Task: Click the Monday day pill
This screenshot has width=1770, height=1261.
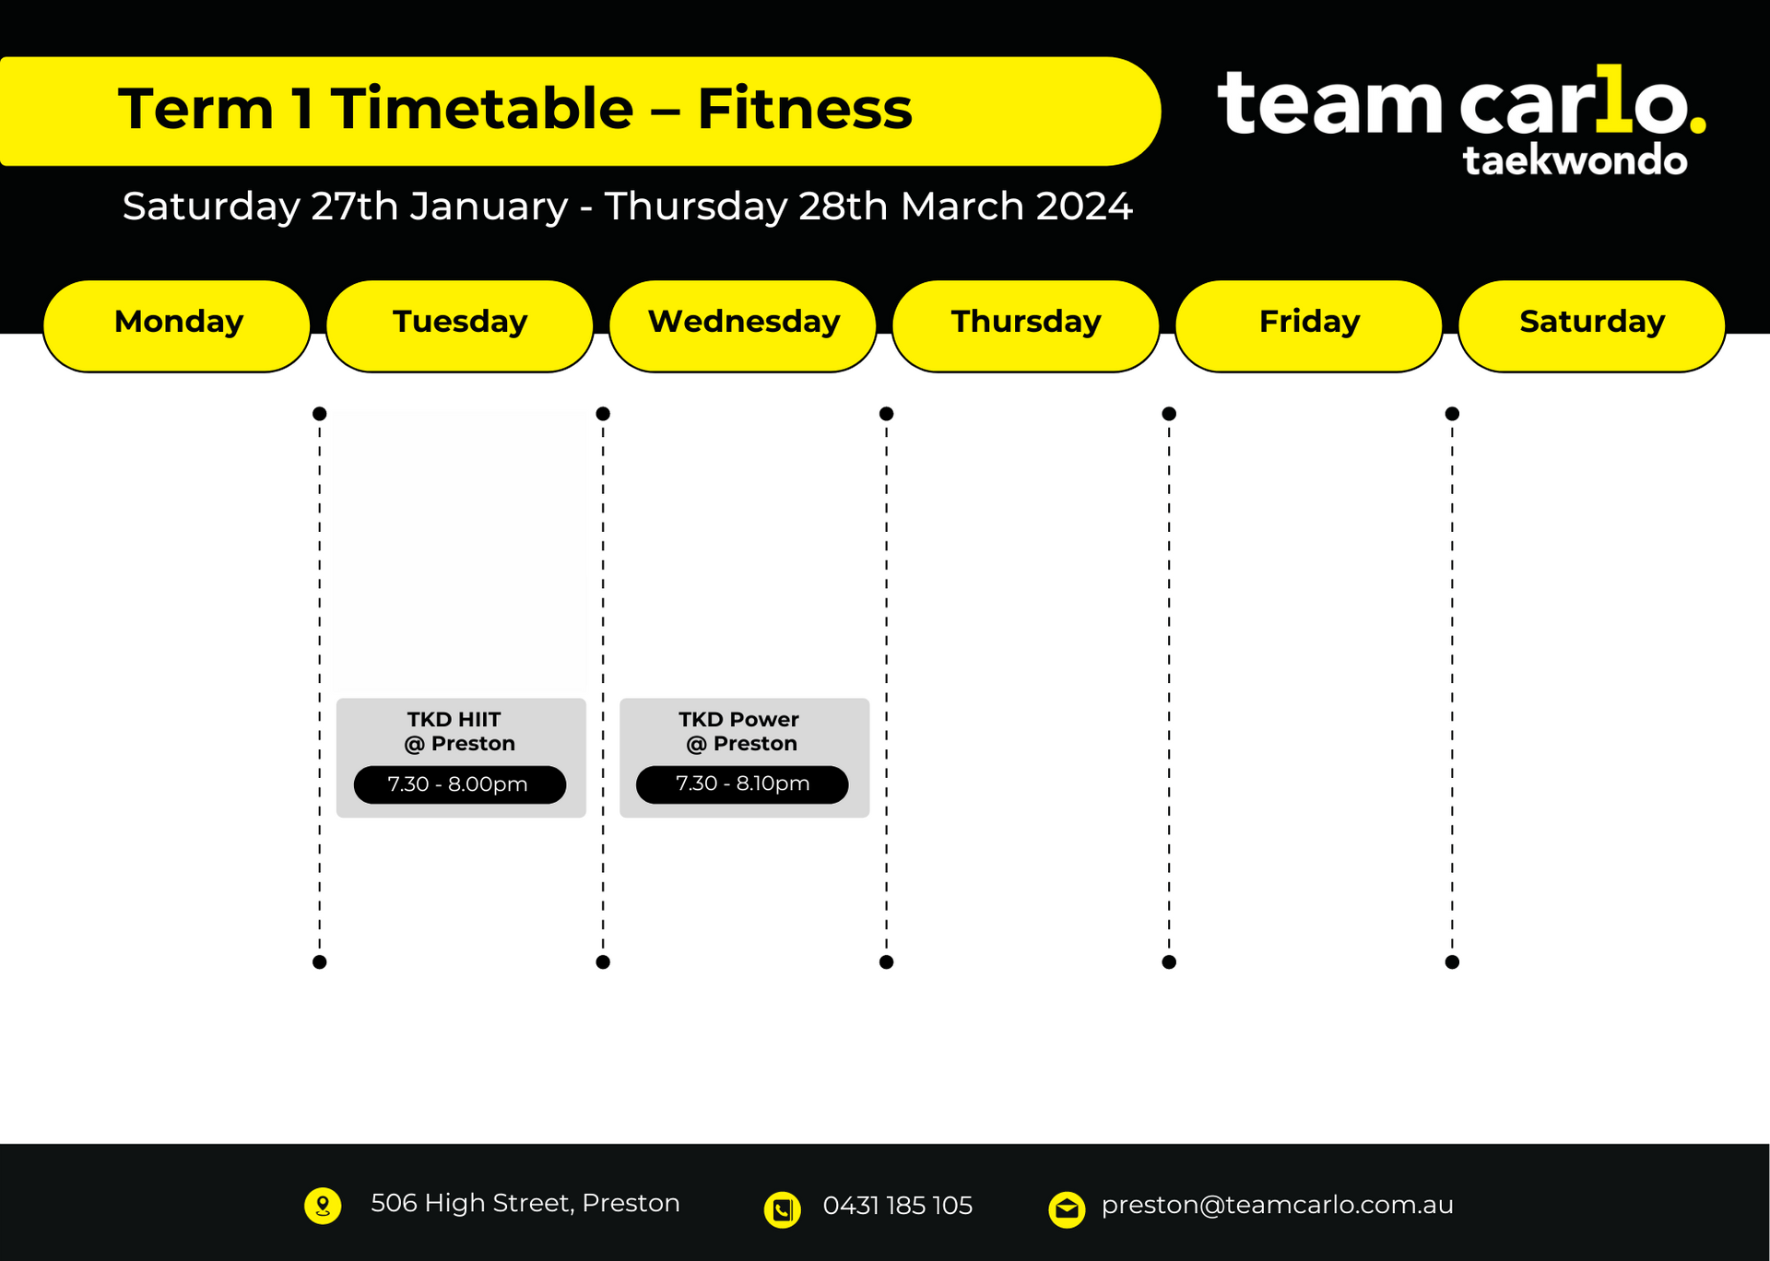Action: [x=177, y=326]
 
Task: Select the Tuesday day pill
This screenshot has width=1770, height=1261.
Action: [x=460, y=326]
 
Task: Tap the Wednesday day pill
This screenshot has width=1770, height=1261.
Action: [x=743, y=326]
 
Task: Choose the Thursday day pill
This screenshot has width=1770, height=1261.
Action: [x=1026, y=326]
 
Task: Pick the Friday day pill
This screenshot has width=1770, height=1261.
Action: [x=1309, y=326]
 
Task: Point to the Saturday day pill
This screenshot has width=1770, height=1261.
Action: [x=1592, y=326]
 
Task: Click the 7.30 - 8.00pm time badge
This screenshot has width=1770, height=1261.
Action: [x=460, y=784]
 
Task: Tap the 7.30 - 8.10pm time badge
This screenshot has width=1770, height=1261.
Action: [x=742, y=784]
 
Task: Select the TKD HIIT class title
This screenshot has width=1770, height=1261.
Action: [x=454, y=719]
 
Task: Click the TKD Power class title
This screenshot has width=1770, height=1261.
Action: [x=739, y=719]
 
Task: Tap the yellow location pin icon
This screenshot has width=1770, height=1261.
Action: [x=323, y=1206]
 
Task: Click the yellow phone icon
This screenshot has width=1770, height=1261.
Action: [x=783, y=1209]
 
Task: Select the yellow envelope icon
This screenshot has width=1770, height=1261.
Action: [x=1068, y=1209]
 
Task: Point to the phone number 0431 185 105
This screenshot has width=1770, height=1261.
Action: [x=898, y=1206]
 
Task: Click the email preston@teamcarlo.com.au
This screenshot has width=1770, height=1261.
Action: [x=1278, y=1205]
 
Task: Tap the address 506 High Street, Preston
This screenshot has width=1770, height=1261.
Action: [x=525, y=1203]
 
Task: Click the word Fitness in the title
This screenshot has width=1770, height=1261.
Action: [x=805, y=109]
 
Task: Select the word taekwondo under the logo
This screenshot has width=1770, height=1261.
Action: [x=1575, y=160]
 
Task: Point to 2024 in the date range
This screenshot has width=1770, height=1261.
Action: [x=1084, y=206]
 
